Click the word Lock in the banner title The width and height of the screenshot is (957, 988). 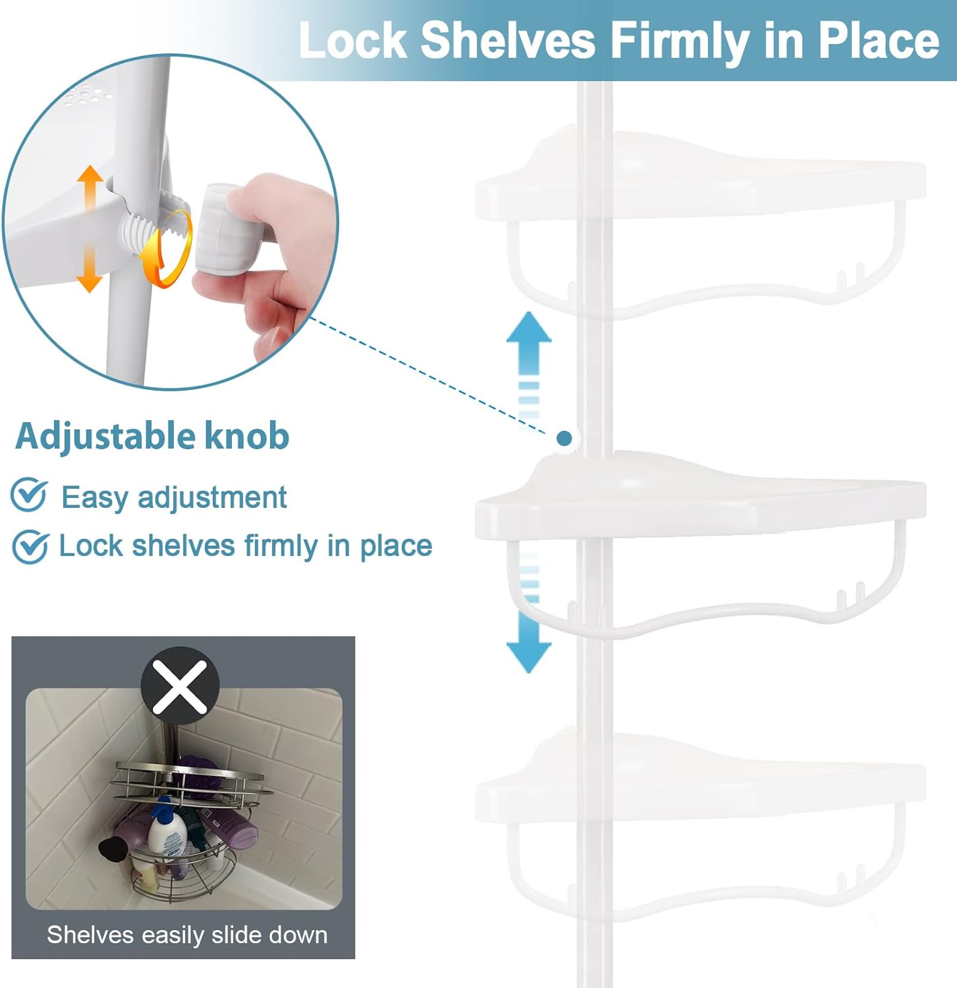(353, 40)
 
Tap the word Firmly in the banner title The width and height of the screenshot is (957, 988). (680, 41)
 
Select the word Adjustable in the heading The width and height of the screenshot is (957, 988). (105, 437)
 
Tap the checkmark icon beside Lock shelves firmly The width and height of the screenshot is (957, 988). (30, 546)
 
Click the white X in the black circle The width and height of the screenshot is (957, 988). (180, 686)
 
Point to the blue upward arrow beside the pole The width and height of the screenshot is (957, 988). (529, 366)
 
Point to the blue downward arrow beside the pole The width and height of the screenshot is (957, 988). (529, 613)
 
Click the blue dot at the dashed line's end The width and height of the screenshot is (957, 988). (564, 438)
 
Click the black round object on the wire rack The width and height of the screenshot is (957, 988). (111, 848)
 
